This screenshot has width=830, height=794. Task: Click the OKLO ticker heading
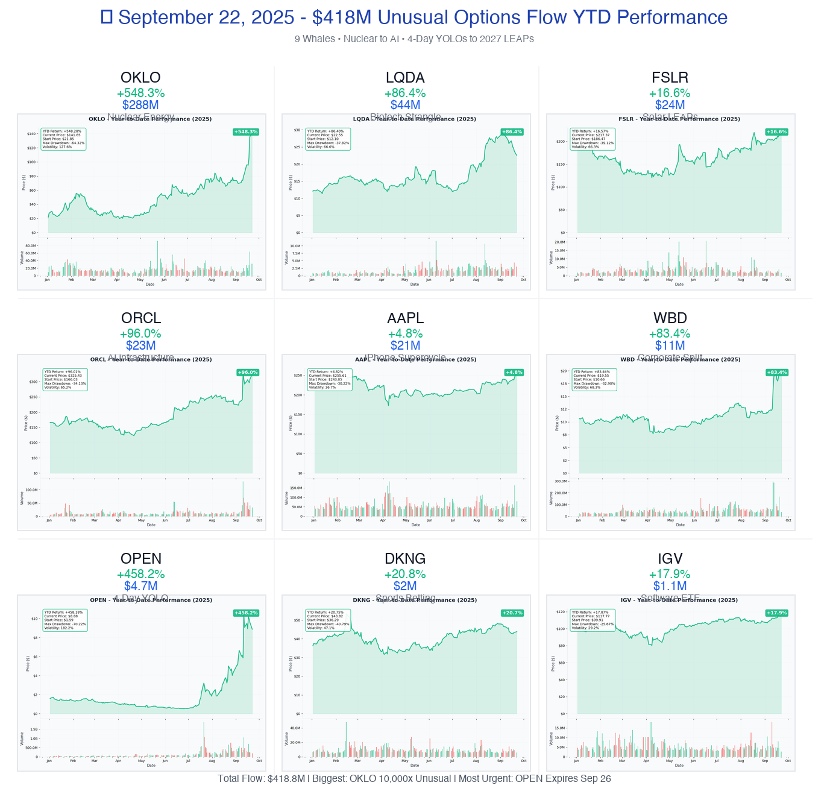pyautogui.click(x=140, y=78)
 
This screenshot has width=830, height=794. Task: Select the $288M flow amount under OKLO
pyautogui.click(x=140, y=105)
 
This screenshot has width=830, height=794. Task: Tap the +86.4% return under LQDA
pyautogui.click(x=405, y=93)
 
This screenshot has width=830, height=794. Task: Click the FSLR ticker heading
pyautogui.click(x=670, y=78)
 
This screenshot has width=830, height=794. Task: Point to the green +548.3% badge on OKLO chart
pyautogui.click(x=246, y=132)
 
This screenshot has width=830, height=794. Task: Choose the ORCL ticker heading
pyautogui.click(x=141, y=318)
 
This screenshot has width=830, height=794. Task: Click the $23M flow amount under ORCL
pyautogui.click(x=141, y=345)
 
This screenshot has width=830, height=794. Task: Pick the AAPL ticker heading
pyautogui.click(x=405, y=318)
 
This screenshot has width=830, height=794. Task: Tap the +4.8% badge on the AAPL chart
pyautogui.click(x=514, y=373)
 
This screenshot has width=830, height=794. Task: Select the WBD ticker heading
pyautogui.click(x=670, y=318)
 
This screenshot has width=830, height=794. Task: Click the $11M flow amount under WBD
pyautogui.click(x=670, y=345)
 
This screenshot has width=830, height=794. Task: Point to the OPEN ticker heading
pyautogui.click(x=141, y=559)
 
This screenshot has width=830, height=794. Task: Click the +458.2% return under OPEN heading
pyautogui.click(x=141, y=574)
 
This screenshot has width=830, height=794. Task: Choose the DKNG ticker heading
pyautogui.click(x=405, y=559)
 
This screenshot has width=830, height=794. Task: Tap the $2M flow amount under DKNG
pyautogui.click(x=405, y=586)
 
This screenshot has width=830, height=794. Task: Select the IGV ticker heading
pyautogui.click(x=670, y=559)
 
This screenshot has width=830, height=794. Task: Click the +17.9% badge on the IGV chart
pyautogui.click(x=776, y=613)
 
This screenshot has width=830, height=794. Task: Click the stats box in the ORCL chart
pyautogui.click(x=65, y=380)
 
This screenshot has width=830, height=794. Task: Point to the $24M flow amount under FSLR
pyautogui.click(x=670, y=105)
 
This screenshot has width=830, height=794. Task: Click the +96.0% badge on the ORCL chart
pyautogui.click(x=248, y=373)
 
